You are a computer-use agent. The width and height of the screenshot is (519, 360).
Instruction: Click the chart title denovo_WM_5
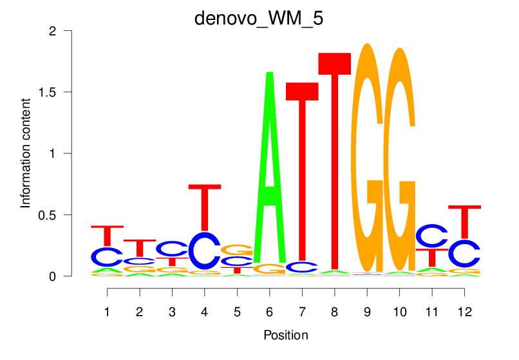tap(259, 18)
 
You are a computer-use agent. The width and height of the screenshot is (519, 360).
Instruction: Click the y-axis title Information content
tap(26, 153)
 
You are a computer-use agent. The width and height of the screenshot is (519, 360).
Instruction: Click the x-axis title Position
tap(285, 335)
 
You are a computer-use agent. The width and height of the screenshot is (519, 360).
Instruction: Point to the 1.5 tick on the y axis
tap(63, 92)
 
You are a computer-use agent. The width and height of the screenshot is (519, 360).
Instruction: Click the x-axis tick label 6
tap(269, 312)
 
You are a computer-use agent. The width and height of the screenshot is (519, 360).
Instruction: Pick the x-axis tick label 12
tap(464, 312)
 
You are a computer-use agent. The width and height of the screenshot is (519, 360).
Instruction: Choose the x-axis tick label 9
tap(367, 312)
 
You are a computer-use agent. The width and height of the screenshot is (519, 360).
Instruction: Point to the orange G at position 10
tap(399, 161)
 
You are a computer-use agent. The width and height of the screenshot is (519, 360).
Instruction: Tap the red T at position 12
tap(464, 222)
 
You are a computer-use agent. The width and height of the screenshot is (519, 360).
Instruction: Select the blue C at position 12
tap(464, 254)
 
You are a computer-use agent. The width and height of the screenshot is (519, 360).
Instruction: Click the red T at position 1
tap(107, 236)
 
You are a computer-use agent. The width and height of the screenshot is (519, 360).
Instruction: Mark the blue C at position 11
tap(432, 236)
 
